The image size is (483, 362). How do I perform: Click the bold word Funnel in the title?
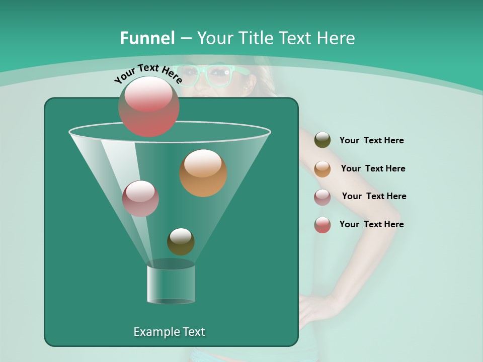[x=147, y=38]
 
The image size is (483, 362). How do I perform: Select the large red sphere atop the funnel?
[x=148, y=106]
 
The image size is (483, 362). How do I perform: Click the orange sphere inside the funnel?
[x=203, y=173]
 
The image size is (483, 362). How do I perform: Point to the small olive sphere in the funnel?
[x=181, y=241]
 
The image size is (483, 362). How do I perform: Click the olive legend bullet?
[x=323, y=140]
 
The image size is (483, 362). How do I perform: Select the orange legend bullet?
[x=323, y=169]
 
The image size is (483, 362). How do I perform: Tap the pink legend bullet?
[x=323, y=197]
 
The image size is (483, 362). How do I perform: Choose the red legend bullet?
[x=323, y=225]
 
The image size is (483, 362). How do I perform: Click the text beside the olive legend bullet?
[x=371, y=140]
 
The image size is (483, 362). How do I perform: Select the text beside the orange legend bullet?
[x=373, y=168]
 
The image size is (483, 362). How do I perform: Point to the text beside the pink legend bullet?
[x=374, y=196]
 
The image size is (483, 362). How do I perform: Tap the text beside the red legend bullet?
[x=371, y=224]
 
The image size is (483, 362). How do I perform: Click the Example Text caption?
[x=169, y=332]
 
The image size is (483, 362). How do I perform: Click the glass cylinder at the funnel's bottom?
[x=171, y=284]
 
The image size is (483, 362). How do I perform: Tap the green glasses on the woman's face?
[x=211, y=75]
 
